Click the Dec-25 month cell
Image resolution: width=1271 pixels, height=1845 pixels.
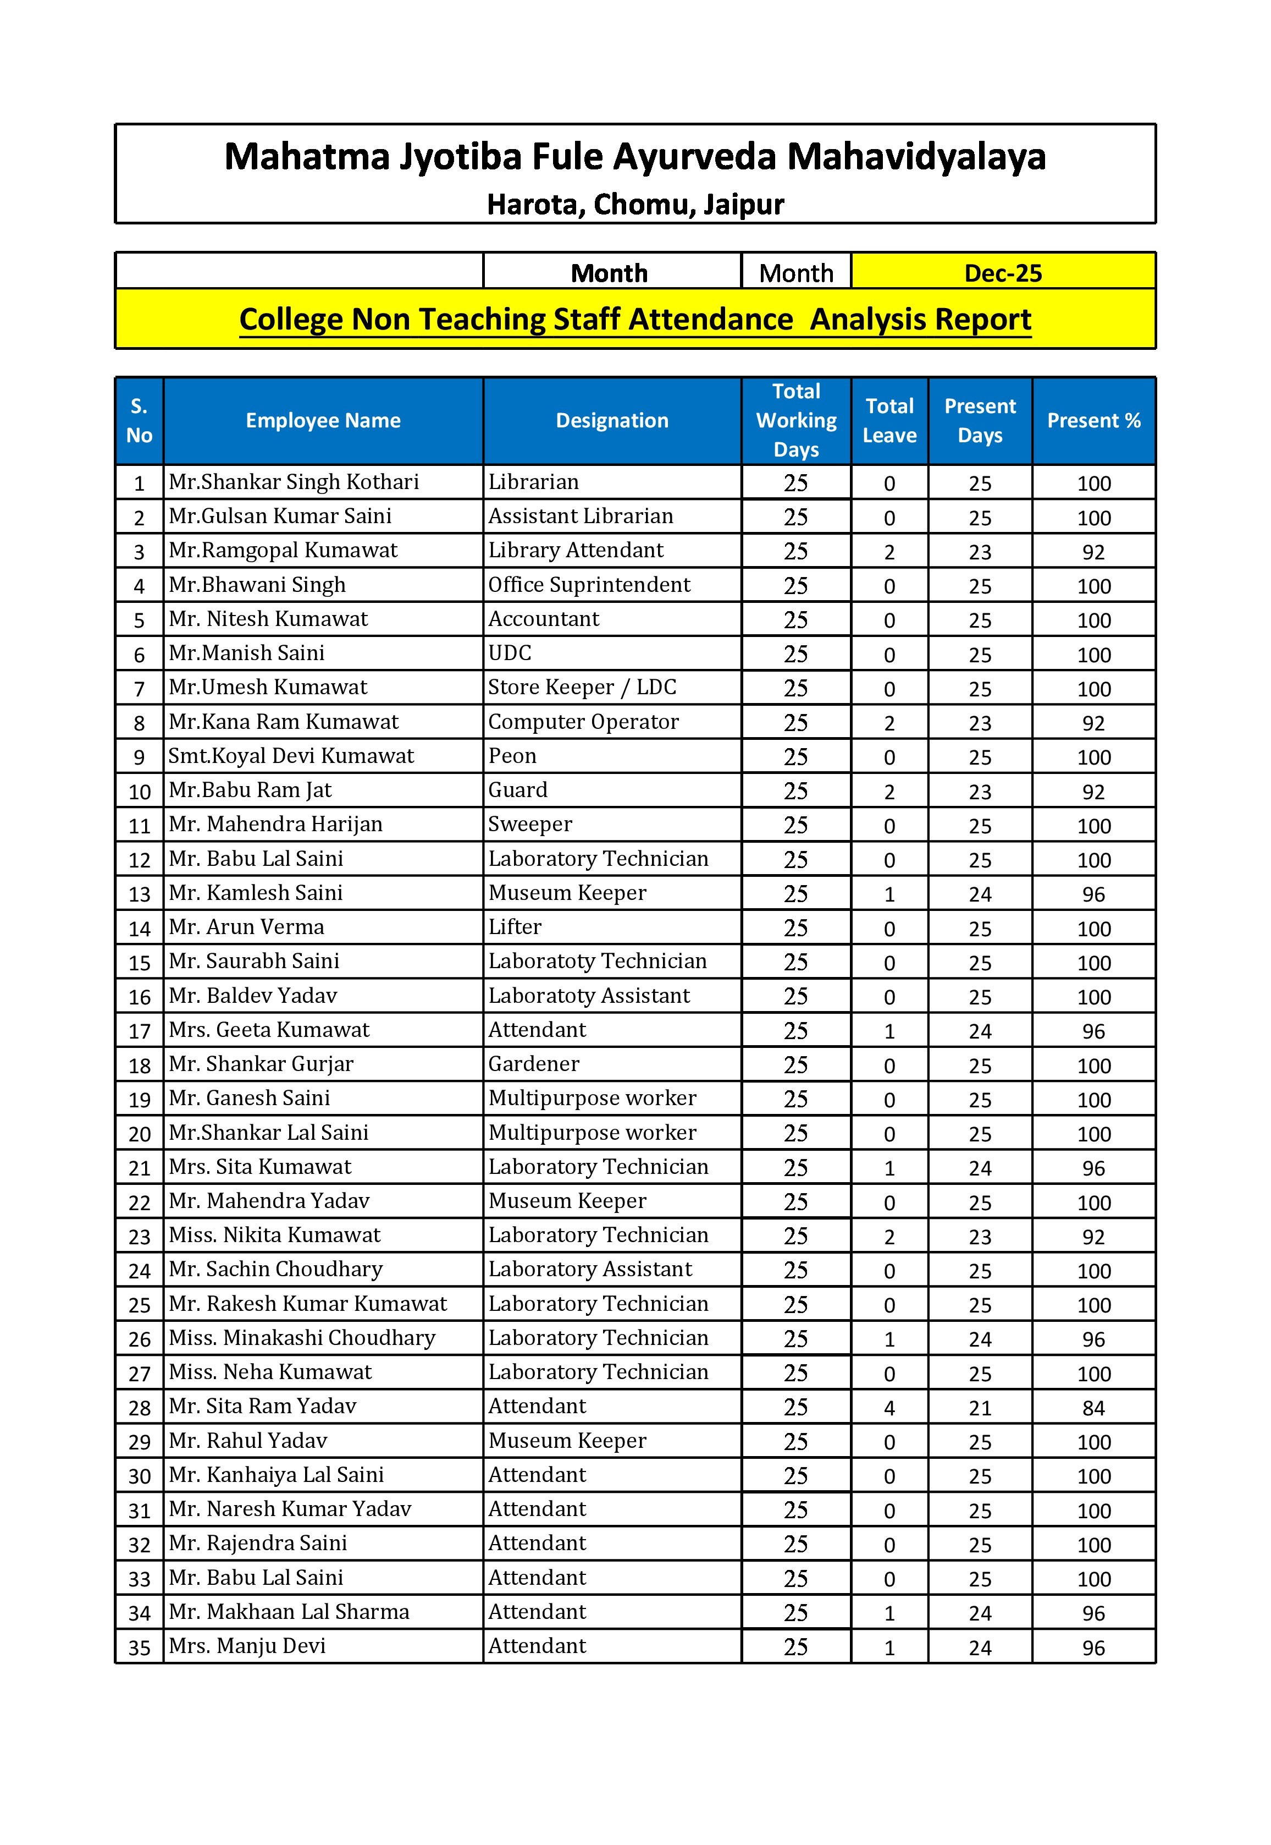[1003, 273]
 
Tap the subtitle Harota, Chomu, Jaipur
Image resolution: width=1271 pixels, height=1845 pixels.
[635, 205]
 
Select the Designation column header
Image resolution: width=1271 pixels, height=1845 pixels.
[612, 421]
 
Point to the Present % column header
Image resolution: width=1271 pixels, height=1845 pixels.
[1093, 421]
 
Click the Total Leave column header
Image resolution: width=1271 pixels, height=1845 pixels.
[889, 421]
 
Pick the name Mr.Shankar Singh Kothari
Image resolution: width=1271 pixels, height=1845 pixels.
[294, 482]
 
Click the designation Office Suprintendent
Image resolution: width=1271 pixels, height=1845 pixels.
[589, 585]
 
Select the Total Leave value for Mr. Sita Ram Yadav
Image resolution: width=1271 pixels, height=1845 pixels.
[889, 1408]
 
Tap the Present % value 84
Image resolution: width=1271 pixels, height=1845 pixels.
[1093, 1408]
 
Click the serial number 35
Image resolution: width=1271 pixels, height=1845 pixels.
[140, 1648]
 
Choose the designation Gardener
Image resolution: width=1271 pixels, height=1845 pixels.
[534, 1064]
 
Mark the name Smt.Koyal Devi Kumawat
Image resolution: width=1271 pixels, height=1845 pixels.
[291, 756]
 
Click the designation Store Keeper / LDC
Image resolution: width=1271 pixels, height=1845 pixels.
[582, 688]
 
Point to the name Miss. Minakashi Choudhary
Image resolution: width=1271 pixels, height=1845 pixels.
[302, 1338]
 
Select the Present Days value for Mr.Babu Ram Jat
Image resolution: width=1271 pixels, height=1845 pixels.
[980, 792]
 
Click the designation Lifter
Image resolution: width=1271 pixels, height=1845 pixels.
[515, 927]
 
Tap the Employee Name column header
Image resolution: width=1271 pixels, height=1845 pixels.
[323, 421]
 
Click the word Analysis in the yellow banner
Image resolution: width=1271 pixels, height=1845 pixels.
[868, 320]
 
